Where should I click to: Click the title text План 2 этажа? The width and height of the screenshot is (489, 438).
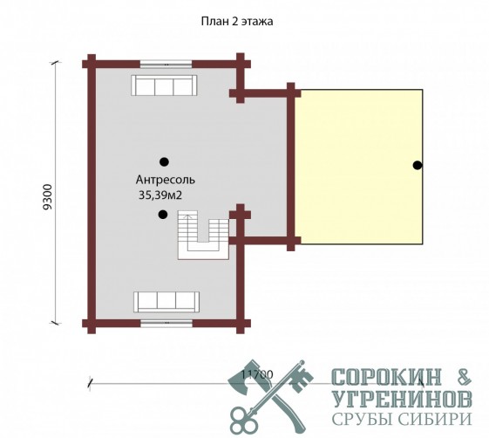tap(237, 22)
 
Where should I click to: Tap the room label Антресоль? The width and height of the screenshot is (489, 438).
tap(166, 180)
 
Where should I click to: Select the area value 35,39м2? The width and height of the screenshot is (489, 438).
tap(160, 195)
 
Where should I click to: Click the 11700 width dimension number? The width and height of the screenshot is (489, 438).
tap(257, 374)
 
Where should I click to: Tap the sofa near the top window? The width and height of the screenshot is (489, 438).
tap(164, 86)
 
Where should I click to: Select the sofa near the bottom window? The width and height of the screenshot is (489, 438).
tap(166, 302)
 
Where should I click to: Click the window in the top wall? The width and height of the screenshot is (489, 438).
tap(166, 65)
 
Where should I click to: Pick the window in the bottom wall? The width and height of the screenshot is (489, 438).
tap(166, 323)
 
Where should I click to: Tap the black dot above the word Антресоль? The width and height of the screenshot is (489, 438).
tap(164, 161)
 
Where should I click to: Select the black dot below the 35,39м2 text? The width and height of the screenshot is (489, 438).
tap(163, 215)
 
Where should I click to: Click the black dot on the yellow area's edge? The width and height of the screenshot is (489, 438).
tap(418, 165)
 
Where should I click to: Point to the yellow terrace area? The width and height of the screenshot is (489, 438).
tap(358, 167)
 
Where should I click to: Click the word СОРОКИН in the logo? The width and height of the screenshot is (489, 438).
tap(387, 377)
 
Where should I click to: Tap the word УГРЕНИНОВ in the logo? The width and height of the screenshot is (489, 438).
tap(402, 399)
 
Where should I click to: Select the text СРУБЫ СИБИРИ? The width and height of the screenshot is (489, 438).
tap(402, 418)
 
